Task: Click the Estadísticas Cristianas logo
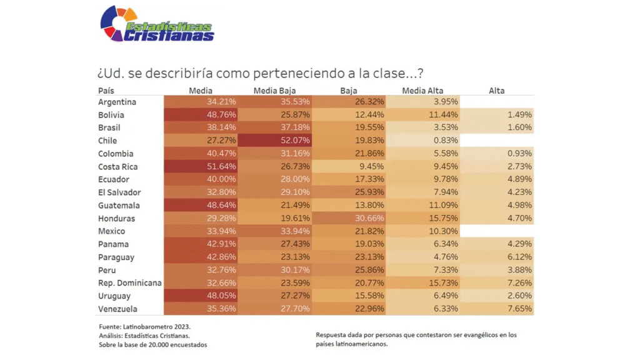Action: pos(156,24)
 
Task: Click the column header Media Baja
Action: pos(274,91)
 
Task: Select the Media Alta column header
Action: pos(422,91)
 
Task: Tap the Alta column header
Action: pos(497,91)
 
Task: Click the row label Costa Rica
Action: pos(118,167)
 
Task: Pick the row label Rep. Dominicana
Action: pos(130,282)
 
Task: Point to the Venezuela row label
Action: pos(118,309)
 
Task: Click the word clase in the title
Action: pos(387,72)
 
